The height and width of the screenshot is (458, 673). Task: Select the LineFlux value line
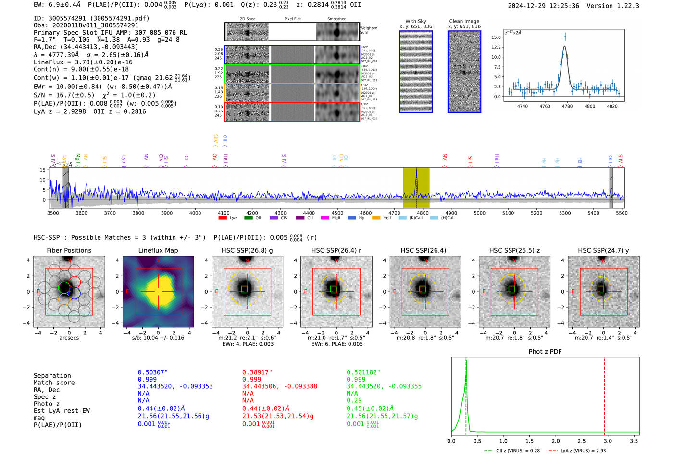[83, 62]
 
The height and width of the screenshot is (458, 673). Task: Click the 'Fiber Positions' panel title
[69, 250]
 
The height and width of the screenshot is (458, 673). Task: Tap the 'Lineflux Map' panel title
[158, 250]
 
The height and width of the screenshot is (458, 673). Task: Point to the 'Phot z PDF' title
[545, 352]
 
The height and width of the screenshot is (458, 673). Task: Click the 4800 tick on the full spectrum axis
[423, 213]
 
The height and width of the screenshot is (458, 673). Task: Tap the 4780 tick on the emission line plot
[567, 106]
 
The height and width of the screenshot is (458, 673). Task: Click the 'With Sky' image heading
[416, 21]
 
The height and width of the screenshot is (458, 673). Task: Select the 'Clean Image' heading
[464, 21]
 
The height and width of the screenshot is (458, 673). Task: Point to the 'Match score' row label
[54, 383]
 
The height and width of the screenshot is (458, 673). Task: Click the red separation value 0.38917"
[257, 372]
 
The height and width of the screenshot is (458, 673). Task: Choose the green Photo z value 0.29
[354, 400]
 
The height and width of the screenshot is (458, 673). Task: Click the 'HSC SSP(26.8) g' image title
[247, 250]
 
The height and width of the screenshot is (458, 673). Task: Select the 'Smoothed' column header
[336, 19]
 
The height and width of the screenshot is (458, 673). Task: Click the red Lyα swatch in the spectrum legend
[223, 218]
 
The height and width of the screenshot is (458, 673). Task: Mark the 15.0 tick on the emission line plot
[496, 37]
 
